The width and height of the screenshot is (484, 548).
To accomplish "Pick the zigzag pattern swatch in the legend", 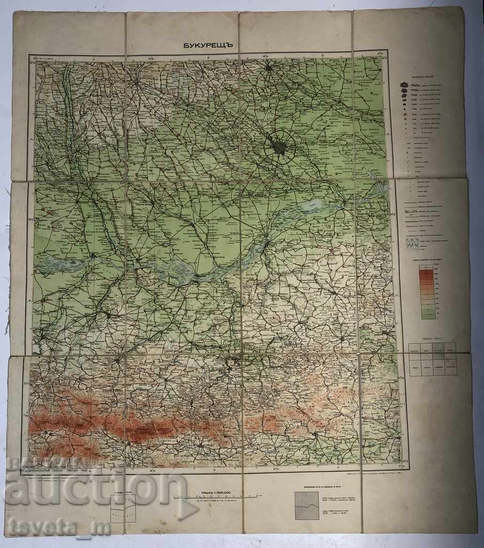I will (411, 245).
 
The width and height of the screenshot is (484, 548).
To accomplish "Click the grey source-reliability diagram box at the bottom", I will (307, 506).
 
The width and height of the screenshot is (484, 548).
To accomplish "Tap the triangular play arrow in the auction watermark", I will (188, 509).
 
